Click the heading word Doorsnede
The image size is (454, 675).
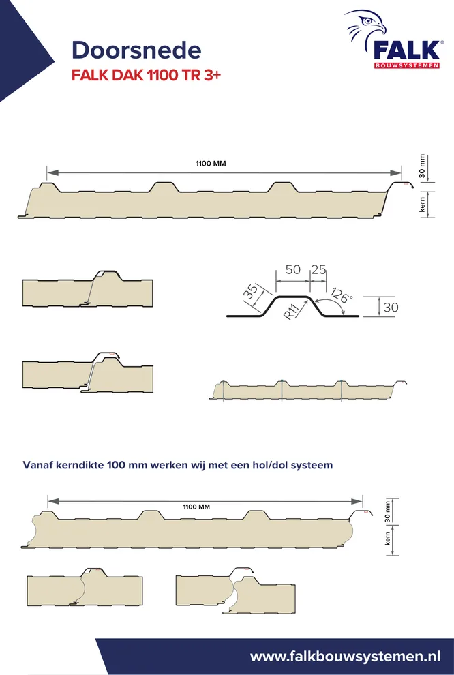coord(136,50)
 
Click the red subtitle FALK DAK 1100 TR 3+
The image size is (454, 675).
coord(146,75)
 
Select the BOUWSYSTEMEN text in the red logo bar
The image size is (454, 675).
coord(407,66)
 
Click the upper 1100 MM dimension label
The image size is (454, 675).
coord(211,164)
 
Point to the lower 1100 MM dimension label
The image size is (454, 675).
coord(196,507)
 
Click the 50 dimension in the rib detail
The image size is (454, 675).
coord(293,269)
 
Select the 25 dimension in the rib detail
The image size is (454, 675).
coord(318,269)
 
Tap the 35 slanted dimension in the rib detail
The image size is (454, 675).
coord(251,291)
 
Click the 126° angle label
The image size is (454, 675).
coord(342,295)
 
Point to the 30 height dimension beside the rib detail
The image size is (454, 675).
coord(391,307)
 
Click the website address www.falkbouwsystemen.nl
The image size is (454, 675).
coord(345,657)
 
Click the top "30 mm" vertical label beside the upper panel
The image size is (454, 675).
coord(422,166)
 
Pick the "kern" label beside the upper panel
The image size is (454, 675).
coord(422,205)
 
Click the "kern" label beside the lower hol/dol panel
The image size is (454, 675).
coord(387,539)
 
